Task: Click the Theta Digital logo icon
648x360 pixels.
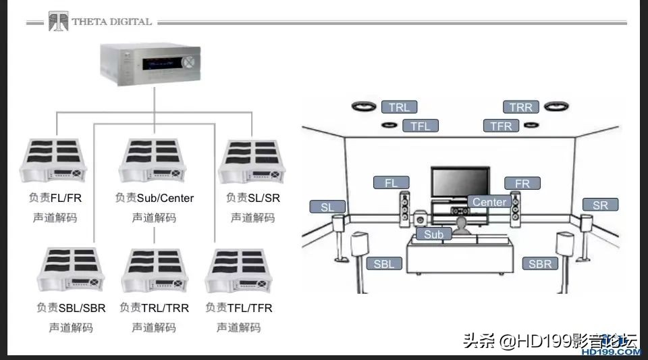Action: tap(58, 22)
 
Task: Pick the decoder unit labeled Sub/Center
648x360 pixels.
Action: tap(153, 162)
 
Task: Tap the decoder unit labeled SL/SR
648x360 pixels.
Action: tap(252, 162)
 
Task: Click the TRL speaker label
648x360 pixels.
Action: tap(399, 107)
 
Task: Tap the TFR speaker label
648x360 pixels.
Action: tap(501, 126)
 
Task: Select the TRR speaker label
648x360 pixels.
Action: tap(520, 107)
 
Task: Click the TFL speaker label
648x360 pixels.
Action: tap(421, 126)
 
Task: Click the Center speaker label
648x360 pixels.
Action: tap(489, 202)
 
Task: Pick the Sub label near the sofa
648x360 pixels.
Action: tap(433, 234)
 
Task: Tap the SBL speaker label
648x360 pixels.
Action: tap(383, 264)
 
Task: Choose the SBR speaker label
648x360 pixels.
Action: tap(540, 264)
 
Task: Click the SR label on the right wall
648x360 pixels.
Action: tap(600, 205)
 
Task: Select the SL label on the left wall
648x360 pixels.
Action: tap(327, 207)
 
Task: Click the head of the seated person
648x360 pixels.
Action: tap(462, 222)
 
